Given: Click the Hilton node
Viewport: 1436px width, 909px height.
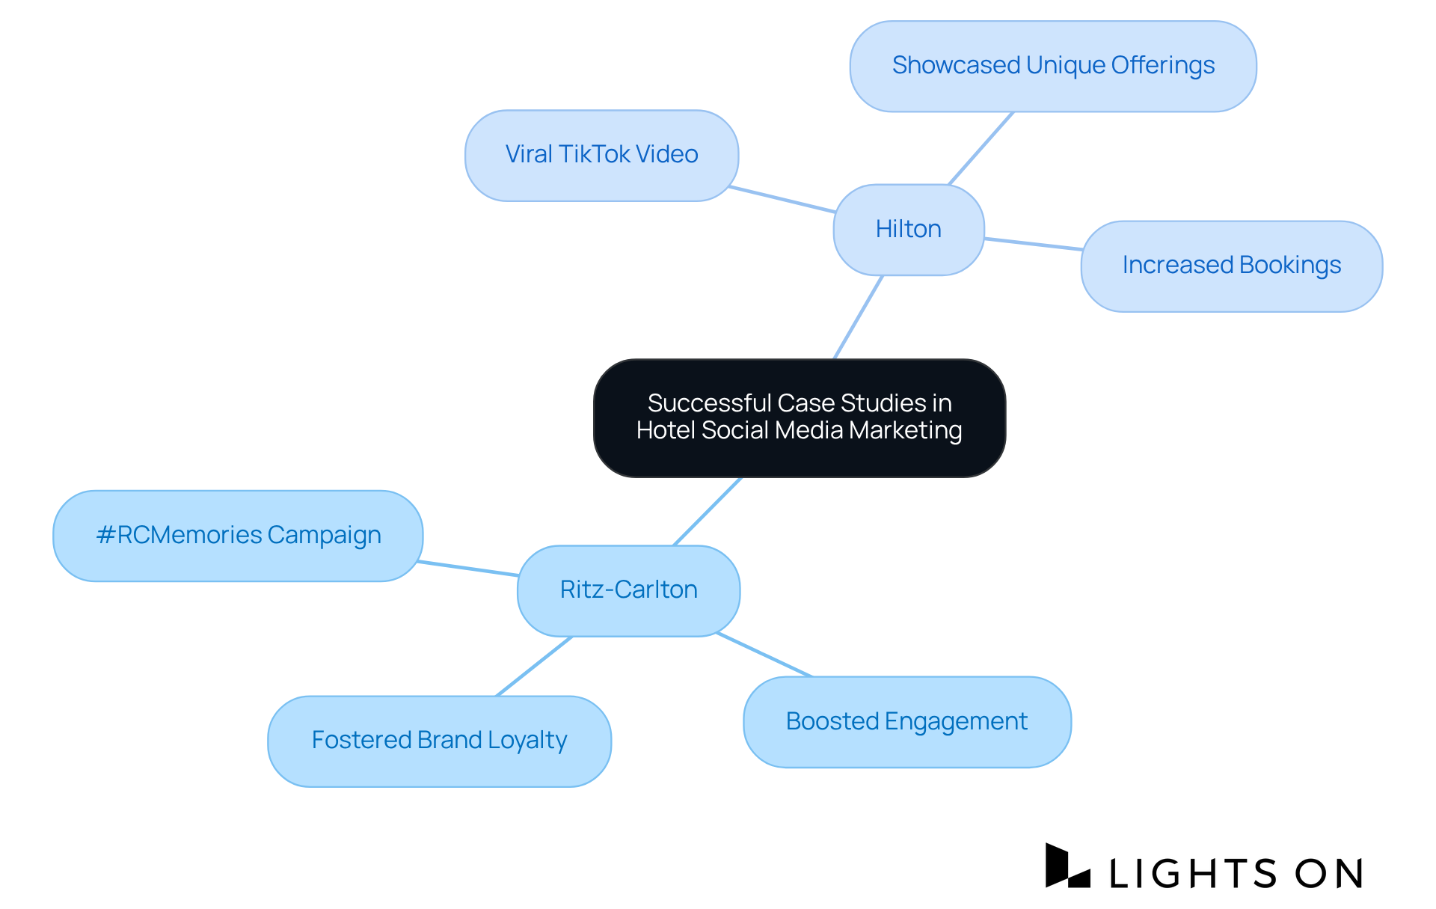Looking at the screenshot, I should [x=908, y=230].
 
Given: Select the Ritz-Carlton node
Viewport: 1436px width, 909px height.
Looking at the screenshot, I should [x=628, y=590].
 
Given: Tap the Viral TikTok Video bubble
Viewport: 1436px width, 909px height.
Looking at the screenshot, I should [x=601, y=155].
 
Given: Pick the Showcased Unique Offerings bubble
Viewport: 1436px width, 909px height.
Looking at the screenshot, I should [x=1052, y=66].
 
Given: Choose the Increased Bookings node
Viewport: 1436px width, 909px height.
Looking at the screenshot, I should [x=1231, y=266].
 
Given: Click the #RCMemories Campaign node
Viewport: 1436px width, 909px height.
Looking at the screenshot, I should [x=238, y=536].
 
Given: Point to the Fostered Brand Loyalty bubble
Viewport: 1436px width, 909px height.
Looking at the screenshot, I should [x=439, y=741].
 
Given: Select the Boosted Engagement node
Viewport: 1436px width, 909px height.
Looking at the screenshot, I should [x=906, y=722].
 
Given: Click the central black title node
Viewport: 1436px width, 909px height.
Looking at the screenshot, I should [x=799, y=417].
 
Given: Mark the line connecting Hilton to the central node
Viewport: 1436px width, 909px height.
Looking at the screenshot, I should [x=859, y=317].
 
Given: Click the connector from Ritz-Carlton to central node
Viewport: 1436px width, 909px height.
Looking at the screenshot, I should [x=707, y=512].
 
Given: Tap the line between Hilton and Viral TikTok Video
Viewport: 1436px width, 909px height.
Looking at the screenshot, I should [x=782, y=199].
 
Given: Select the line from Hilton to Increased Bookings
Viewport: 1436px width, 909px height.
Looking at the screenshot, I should [x=1033, y=244].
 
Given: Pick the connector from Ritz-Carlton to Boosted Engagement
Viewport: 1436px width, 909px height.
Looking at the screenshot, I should [x=764, y=655].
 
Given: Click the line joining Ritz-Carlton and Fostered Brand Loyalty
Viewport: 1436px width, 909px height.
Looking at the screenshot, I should [x=534, y=667].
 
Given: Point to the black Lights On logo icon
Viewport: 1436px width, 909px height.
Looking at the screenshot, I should [x=1066, y=866].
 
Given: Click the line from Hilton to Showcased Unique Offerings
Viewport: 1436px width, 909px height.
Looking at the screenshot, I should [x=981, y=148].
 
